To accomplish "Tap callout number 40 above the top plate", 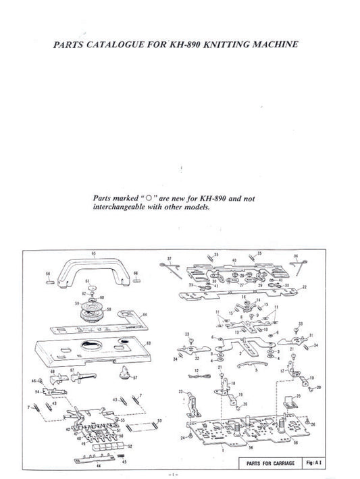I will (x=234, y=260).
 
